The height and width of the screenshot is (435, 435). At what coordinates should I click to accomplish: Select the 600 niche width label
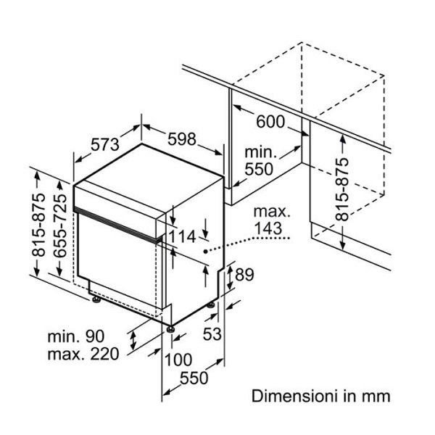coord(270,122)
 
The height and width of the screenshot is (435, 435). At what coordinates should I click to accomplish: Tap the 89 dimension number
coord(244,275)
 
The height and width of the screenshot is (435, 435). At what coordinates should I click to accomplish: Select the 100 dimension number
coord(178,359)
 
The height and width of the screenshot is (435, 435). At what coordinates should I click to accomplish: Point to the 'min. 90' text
coord(76,336)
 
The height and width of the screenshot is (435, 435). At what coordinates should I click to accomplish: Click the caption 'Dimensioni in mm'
coord(320,397)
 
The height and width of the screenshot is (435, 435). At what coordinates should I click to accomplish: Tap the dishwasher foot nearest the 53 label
coord(211,307)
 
